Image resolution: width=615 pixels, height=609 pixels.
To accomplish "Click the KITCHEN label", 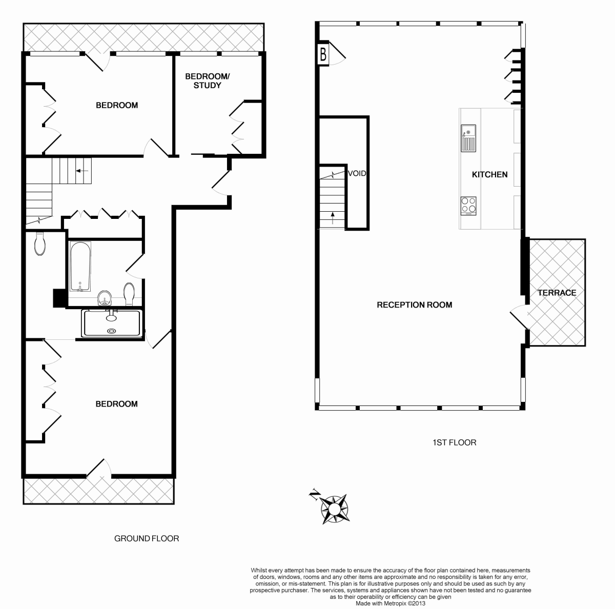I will tap(489, 174).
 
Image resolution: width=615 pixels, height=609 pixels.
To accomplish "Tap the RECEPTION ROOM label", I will tap(414, 305).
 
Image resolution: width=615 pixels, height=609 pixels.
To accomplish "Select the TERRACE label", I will tap(557, 293).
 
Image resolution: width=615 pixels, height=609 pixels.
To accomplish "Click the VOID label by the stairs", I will tap(357, 173).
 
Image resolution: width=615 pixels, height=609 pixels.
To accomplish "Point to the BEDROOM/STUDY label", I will tap(208, 81).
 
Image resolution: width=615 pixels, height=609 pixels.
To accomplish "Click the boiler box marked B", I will tap(323, 54).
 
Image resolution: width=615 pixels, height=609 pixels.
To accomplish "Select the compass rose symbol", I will tap(334, 509).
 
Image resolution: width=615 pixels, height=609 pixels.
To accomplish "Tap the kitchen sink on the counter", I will tap(468, 138).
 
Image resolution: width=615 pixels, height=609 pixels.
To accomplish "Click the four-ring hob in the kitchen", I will tap(468, 205).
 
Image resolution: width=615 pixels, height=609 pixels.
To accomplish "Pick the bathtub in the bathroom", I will tap(80, 266).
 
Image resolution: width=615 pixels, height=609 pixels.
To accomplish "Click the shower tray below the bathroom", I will tap(111, 323).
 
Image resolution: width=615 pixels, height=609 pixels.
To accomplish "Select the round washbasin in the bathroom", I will tap(105, 297).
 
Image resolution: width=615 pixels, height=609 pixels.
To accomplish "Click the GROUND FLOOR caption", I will tap(146, 539).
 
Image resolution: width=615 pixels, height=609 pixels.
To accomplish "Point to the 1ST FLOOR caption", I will tap(454, 442).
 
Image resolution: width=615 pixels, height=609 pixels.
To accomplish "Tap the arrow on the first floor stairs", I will tap(333, 217).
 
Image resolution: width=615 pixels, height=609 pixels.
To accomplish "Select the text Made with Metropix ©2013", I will tap(390, 604).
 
